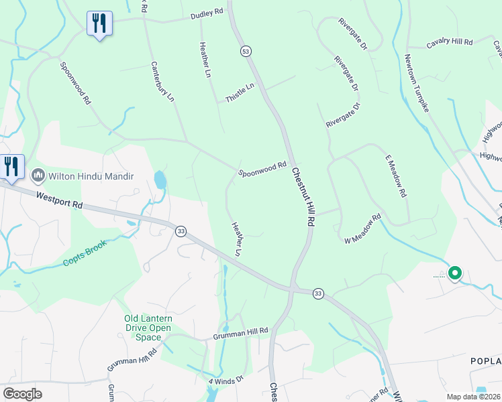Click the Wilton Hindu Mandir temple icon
[38, 176]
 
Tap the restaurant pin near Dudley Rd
[99, 23]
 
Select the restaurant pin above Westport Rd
[11, 167]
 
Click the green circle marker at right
[455, 273]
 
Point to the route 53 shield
[246, 52]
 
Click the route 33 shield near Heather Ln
[181, 231]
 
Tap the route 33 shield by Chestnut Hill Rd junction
[318, 293]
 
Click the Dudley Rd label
[207, 13]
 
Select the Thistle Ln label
[240, 92]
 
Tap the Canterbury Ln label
[162, 82]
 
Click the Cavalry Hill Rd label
[450, 42]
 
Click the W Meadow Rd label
[362, 228]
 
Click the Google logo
[22, 393]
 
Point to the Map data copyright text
[473, 397]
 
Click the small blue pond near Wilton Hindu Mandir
[160, 180]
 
